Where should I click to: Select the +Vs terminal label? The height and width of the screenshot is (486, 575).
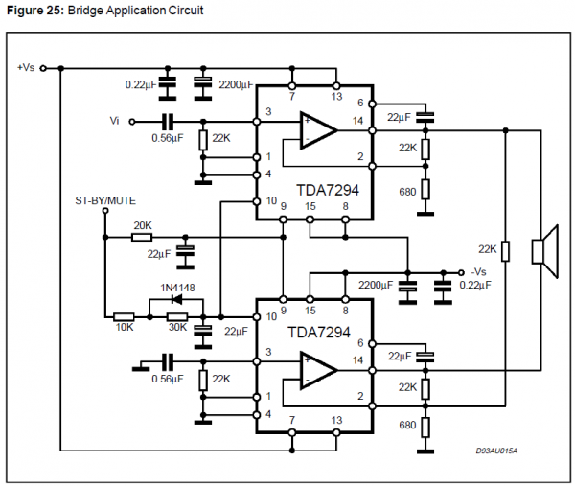(26, 67)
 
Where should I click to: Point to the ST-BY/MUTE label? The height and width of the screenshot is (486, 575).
(105, 201)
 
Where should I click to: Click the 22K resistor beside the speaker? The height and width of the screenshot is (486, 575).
(506, 250)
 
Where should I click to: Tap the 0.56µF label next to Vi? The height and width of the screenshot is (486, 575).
(167, 138)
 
